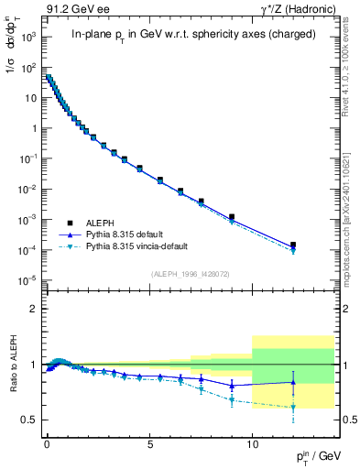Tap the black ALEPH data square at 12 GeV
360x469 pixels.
tap(293, 245)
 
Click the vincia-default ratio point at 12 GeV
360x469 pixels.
tap(293, 407)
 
